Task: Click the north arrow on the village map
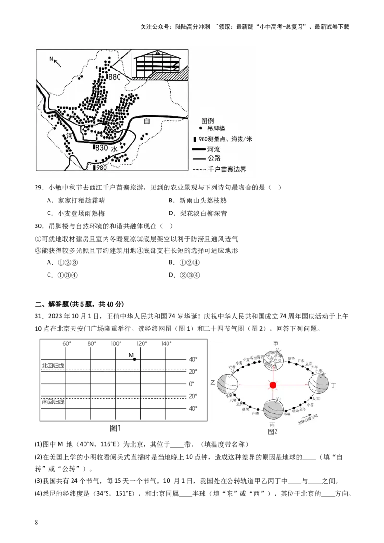57,61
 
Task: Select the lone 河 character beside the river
70,137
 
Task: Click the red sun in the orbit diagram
273,385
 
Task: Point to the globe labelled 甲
275,356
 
